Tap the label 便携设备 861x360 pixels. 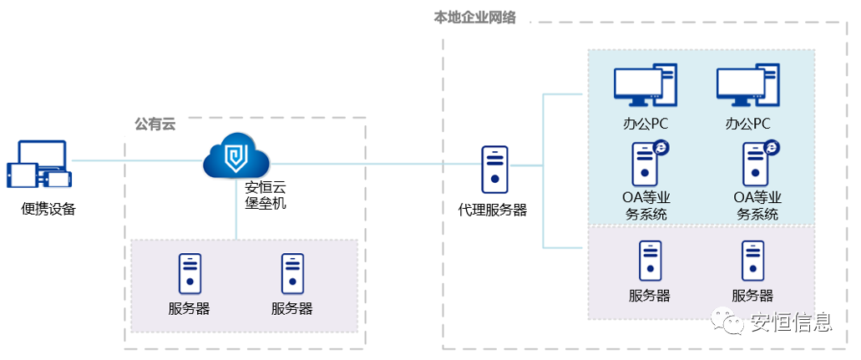pyautogui.click(x=48, y=209)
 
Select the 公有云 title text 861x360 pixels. pyautogui.click(x=155, y=124)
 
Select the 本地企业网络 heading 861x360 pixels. pyautogui.click(x=474, y=17)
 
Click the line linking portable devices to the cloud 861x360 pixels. pyautogui.click(x=138, y=160)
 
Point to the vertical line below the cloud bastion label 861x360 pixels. pyautogui.click(x=236, y=224)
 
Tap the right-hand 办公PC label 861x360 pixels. pyautogui.click(x=748, y=125)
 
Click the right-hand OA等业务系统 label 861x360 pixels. pyautogui.click(x=757, y=205)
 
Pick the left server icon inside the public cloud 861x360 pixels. pyautogui.click(x=190, y=272)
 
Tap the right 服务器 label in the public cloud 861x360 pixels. pyautogui.click(x=291, y=308)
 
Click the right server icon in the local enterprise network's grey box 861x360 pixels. pyautogui.click(x=752, y=260)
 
